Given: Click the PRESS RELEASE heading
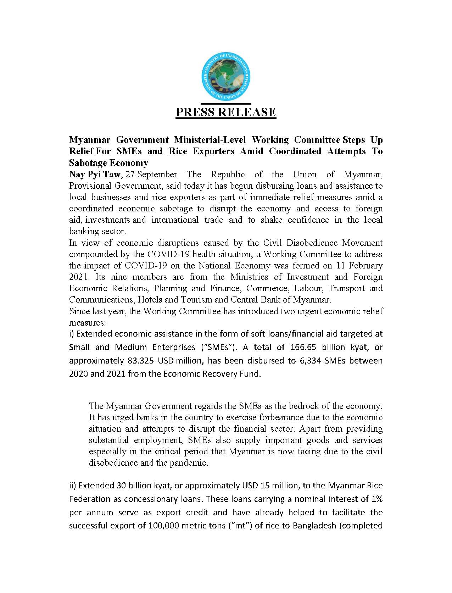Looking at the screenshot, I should point(226,112).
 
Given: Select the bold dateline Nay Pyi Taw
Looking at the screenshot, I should point(94,174).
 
